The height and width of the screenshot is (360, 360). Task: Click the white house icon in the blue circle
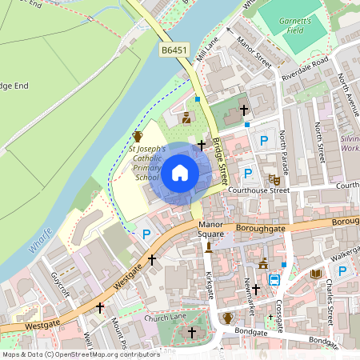pyautogui.click(x=180, y=173)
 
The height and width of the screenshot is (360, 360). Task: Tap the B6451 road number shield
pyautogui.click(x=174, y=50)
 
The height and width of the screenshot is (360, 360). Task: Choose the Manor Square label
pyautogui.click(x=211, y=230)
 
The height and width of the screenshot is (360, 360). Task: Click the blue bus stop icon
pyautogui.click(x=274, y=280)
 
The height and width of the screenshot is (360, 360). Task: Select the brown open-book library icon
pyautogui.click(x=316, y=274)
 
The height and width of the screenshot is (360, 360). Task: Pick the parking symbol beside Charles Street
pyautogui.click(x=342, y=271)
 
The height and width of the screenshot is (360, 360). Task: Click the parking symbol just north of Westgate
pyautogui.click(x=146, y=234)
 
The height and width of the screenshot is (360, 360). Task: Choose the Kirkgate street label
pyautogui.click(x=210, y=285)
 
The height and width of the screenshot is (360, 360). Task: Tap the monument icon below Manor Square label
pyautogui.click(x=209, y=246)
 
